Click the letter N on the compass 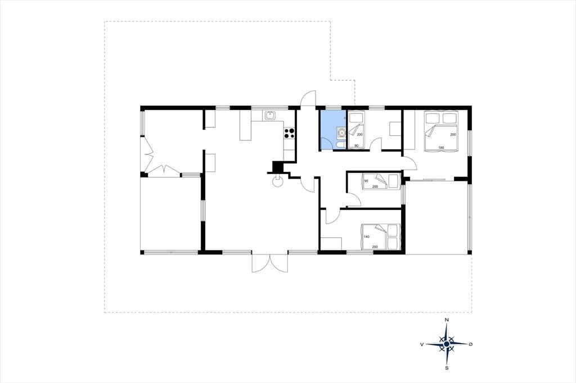pyautogui.click(x=447, y=320)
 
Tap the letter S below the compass pyautogui.click(x=447, y=368)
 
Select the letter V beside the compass pyautogui.click(x=422, y=344)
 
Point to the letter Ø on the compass pyautogui.click(x=471, y=344)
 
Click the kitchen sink pyautogui.click(x=270, y=115)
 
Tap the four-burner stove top pyautogui.click(x=289, y=133)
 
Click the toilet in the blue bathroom pyautogui.click(x=339, y=146)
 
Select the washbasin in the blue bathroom pyautogui.click(x=341, y=133)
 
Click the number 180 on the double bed pyautogui.click(x=441, y=148)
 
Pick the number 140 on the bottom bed pyautogui.click(x=366, y=236)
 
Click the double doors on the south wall pyautogui.click(x=269, y=262)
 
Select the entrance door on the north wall pyautogui.click(x=308, y=99)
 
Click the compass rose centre pyautogui.click(x=446, y=344)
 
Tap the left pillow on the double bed pyautogui.click(x=433, y=118)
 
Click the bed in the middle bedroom pyautogui.click(x=381, y=181)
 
